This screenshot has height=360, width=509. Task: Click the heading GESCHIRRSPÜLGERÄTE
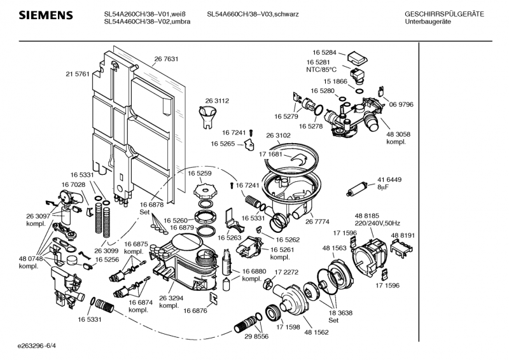(443, 14)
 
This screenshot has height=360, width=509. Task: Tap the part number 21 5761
(77, 74)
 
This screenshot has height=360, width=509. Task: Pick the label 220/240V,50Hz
(378, 223)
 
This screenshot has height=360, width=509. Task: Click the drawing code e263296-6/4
(38, 347)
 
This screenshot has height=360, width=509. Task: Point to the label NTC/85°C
(321, 70)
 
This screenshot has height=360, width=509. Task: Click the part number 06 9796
(401, 104)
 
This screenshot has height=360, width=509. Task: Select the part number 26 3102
(278, 135)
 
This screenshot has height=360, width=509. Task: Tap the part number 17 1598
(288, 327)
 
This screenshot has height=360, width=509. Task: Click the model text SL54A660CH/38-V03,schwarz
(253, 14)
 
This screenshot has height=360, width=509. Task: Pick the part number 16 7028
(73, 184)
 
